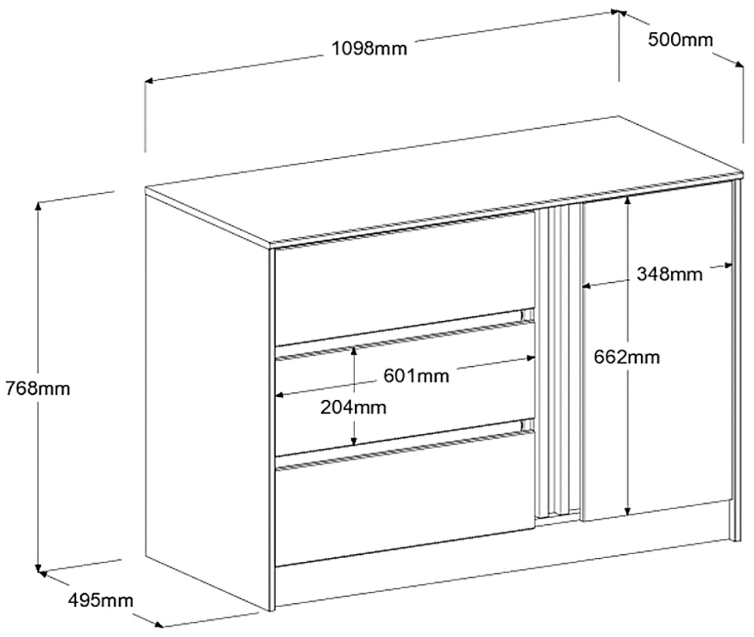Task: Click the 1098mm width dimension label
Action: tap(369, 48)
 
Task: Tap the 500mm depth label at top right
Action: tap(680, 39)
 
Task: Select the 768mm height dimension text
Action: tap(37, 388)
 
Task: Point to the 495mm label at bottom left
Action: tap(101, 600)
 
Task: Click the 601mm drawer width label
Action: tap(416, 376)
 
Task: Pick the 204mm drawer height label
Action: tap(353, 407)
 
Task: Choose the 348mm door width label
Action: tap(669, 275)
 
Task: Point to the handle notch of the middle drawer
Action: tap(526, 314)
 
